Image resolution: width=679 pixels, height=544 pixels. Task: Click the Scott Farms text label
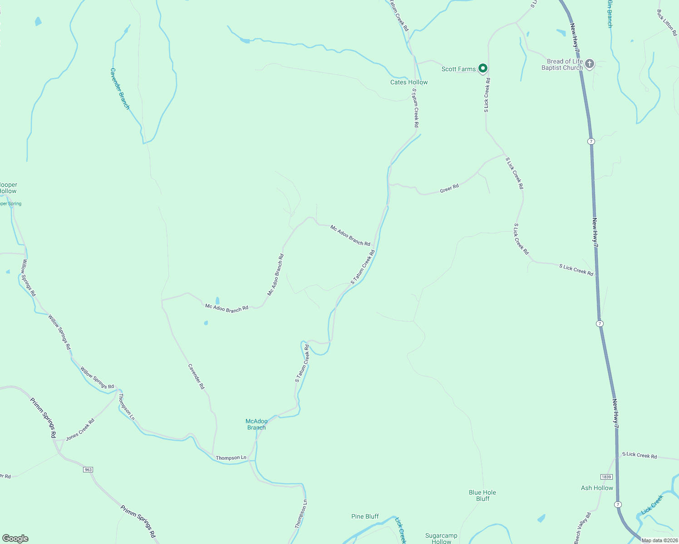(x=458, y=69)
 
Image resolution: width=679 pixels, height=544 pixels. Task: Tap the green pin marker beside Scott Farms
(x=483, y=68)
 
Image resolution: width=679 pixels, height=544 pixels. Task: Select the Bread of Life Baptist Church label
(x=562, y=64)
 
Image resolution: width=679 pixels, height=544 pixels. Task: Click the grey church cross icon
(x=590, y=64)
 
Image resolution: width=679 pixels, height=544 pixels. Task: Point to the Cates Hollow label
(x=409, y=82)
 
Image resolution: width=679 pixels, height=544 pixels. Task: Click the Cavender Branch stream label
(x=120, y=89)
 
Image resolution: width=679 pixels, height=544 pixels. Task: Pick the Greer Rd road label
(x=449, y=189)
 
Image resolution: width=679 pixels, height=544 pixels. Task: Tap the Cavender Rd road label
(x=197, y=376)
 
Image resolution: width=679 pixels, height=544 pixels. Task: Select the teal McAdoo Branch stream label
(x=257, y=424)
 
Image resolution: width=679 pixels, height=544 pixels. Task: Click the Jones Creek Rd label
(x=80, y=430)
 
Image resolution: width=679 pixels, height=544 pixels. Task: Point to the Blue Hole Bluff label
(x=482, y=495)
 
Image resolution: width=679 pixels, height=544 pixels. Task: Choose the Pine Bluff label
(x=365, y=516)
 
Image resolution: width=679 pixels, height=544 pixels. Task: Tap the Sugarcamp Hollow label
(x=441, y=539)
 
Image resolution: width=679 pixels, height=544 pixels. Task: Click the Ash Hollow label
(x=597, y=488)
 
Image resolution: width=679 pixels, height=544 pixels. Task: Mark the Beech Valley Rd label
(x=582, y=528)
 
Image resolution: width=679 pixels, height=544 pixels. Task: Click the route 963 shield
(x=88, y=470)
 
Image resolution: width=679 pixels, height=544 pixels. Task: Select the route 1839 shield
(x=606, y=477)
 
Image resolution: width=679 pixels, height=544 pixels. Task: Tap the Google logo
(x=15, y=539)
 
